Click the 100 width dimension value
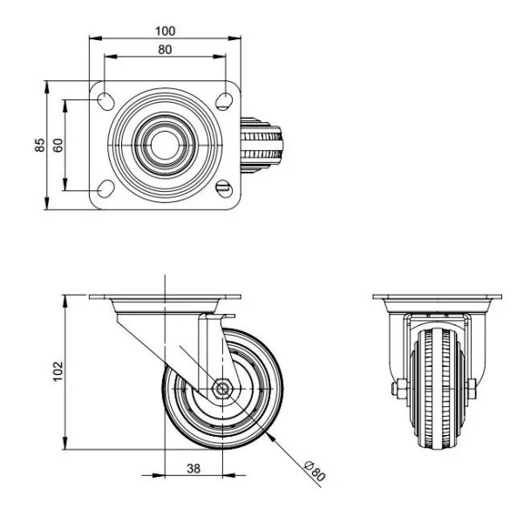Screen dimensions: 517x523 164,31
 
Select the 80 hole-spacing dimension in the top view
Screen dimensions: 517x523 164,50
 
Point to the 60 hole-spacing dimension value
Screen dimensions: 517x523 58,145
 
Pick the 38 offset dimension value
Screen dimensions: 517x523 194,467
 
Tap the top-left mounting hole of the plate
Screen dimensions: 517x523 105,99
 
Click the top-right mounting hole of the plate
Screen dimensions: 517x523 224,101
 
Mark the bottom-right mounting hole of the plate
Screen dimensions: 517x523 224,188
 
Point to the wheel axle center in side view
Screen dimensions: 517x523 221,390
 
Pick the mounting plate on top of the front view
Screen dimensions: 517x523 433,298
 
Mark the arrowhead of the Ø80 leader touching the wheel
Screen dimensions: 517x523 272,433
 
